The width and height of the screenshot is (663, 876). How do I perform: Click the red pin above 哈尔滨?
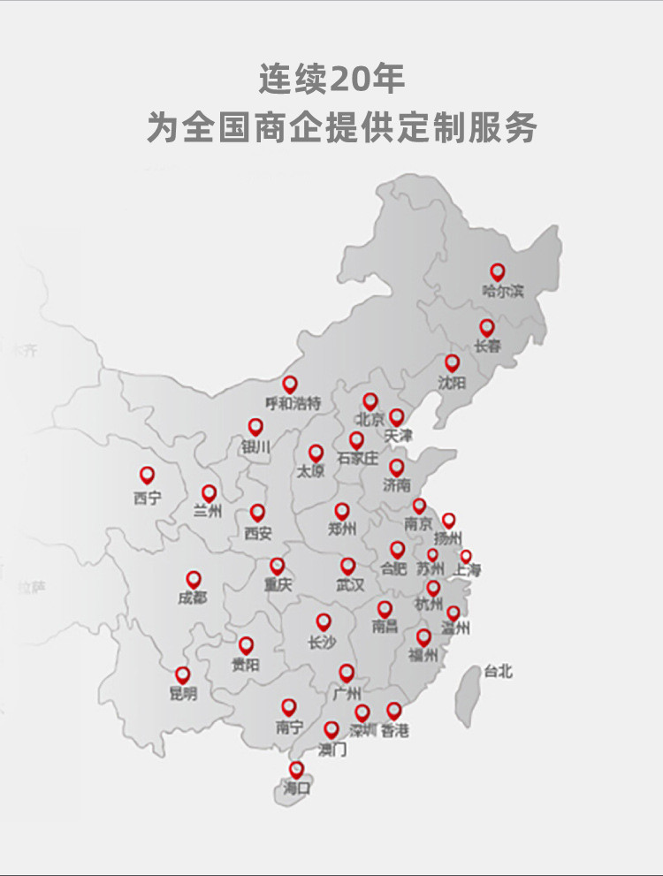pos(498,271)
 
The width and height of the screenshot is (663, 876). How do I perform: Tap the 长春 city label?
pos(488,347)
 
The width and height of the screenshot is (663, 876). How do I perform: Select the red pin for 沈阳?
pos(453,362)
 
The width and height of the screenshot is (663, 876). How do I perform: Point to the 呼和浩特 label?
pos(293,404)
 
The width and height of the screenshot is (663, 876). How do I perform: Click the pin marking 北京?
pos(370,401)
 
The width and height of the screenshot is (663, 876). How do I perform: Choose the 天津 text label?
pos(399,437)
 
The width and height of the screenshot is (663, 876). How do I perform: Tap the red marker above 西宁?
pos(148,476)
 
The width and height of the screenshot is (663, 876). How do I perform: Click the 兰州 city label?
pos(207,512)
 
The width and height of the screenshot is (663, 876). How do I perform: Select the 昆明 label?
pos(183,695)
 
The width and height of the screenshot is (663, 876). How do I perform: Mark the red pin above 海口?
pos(296,769)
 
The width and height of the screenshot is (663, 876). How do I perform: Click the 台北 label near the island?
pos(498,671)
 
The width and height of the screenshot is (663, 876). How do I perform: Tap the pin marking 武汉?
pos(348,566)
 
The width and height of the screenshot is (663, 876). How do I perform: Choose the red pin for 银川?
pos(255,427)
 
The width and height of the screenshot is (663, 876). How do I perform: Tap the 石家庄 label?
pos(357,460)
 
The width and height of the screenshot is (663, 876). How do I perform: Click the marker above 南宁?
pos(289,706)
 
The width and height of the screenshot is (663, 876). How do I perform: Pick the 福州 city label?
pos(423,656)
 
